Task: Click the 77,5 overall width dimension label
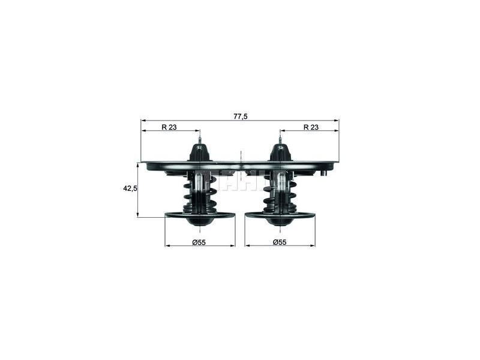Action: click(240, 116)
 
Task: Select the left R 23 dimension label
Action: click(169, 127)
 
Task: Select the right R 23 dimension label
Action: click(310, 127)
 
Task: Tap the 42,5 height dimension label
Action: click(130, 188)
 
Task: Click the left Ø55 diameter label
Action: click(199, 242)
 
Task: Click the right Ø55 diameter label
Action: click(280, 242)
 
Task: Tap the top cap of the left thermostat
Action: click(200, 152)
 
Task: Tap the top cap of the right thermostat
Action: click(280, 152)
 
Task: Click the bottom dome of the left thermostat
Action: click(200, 220)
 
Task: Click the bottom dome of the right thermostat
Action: click(280, 220)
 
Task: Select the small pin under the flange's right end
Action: click(323, 173)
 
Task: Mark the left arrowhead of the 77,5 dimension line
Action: click(143, 120)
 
